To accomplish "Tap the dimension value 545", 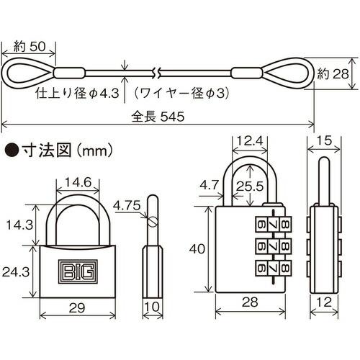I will point(174,115).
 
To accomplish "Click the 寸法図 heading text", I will point(45,151).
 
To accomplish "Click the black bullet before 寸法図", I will point(11,151).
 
